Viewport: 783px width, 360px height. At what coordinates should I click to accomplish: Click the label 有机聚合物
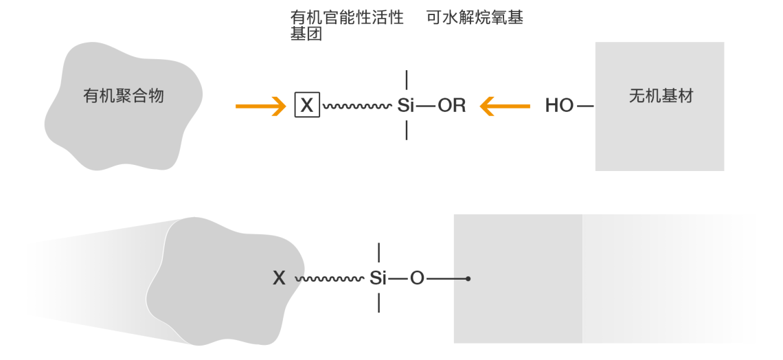click(x=124, y=96)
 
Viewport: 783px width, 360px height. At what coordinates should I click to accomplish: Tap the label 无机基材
click(x=661, y=96)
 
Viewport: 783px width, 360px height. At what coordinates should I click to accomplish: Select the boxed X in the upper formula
click(x=307, y=106)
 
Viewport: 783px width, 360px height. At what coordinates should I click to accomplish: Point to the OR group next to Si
click(x=451, y=106)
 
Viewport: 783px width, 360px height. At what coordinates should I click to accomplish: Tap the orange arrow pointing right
click(x=260, y=106)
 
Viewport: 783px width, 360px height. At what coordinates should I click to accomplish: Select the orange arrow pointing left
click(x=505, y=106)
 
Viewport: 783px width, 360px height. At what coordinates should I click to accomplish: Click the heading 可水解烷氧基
click(x=475, y=18)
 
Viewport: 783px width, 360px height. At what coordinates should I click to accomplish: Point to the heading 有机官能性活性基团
click(x=346, y=25)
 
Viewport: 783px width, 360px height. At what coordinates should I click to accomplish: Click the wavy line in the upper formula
click(x=356, y=106)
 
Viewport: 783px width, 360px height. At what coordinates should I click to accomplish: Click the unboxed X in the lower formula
click(x=279, y=278)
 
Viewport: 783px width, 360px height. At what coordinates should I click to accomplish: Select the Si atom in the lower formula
click(x=378, y=278)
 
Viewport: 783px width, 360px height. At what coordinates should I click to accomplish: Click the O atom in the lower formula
click(x=417, y=278)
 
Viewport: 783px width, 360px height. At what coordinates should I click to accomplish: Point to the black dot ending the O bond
click(x=468, y=279)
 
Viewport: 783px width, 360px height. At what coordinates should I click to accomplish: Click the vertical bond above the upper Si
click(x=407, y=80)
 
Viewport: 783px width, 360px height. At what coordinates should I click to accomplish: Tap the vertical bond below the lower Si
click(x=379, y=303)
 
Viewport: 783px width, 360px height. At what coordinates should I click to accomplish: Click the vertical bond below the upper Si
click(x=407, y=131)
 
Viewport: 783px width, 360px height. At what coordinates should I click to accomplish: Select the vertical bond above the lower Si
click(x=379, y=252)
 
